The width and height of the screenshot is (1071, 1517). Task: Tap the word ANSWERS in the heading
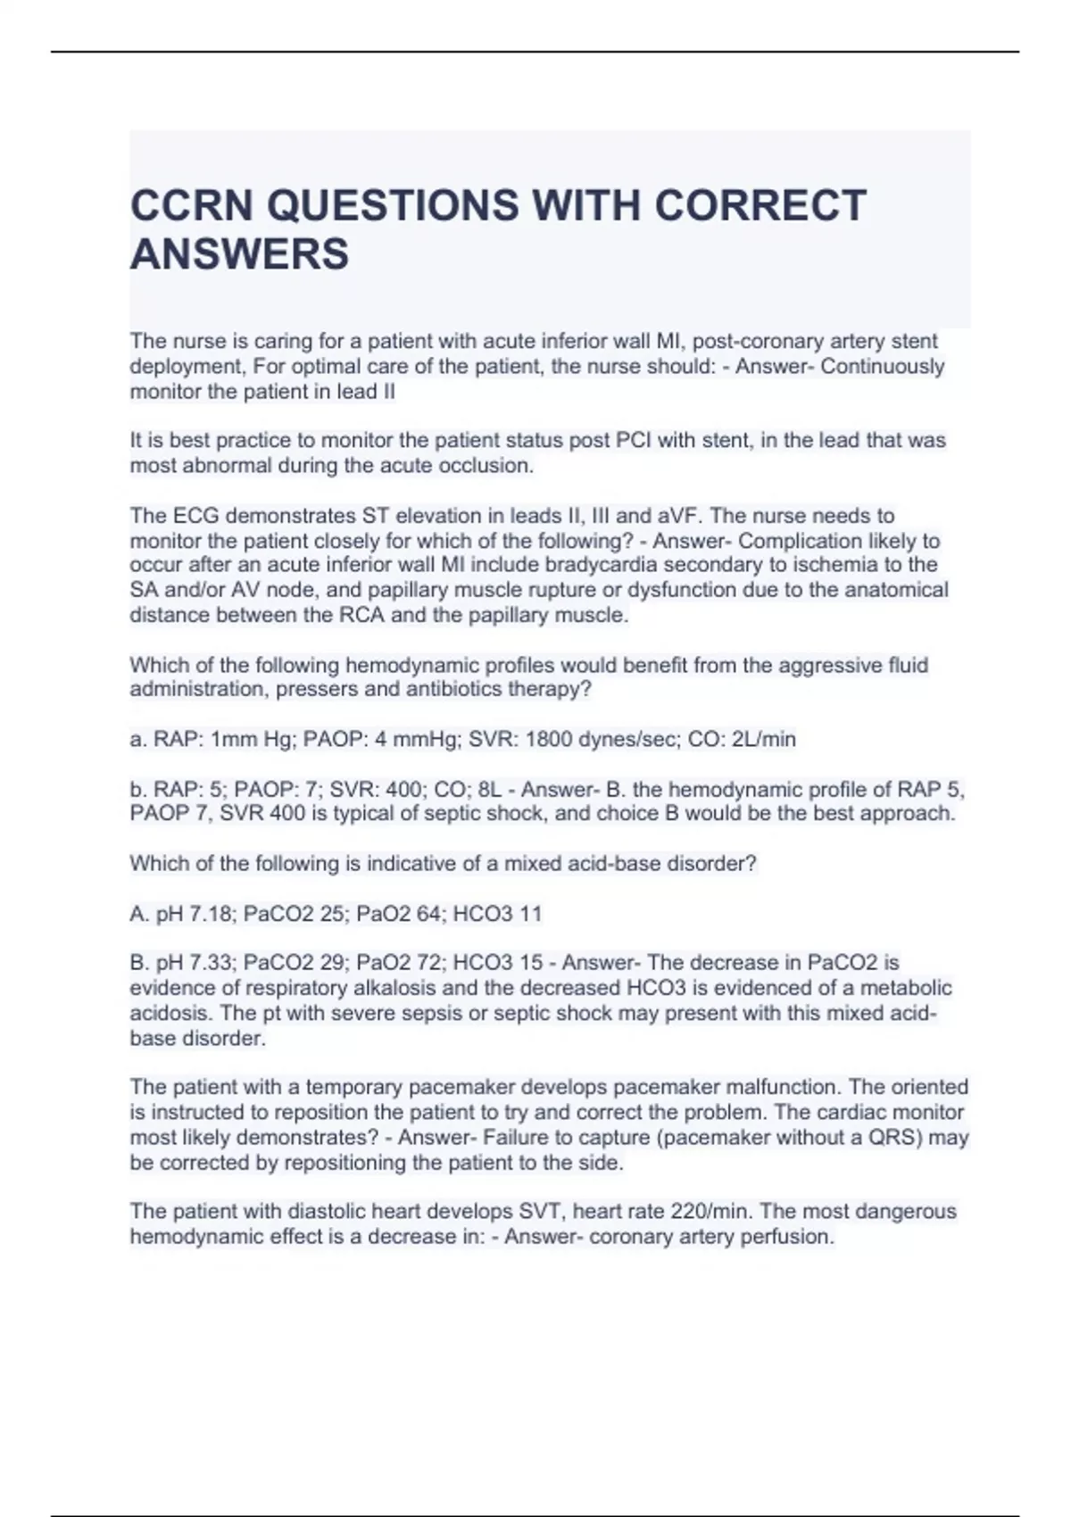point(239,254)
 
